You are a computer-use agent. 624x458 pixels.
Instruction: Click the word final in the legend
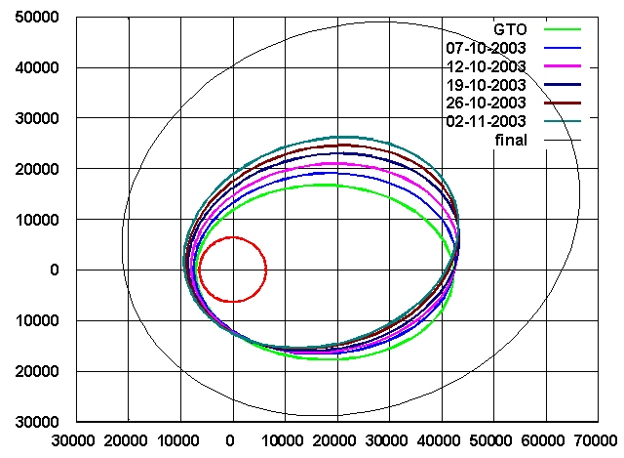(x=510, y=140)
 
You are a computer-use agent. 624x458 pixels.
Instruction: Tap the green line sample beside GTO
(x=563, y=29)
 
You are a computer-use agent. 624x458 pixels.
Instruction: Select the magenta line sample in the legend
(x=563, y=66)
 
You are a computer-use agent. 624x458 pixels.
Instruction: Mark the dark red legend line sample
(x=563, y=103)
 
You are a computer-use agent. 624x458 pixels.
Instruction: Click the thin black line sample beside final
(x=563, y=140)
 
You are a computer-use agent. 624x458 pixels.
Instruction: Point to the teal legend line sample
(x=563, y=121)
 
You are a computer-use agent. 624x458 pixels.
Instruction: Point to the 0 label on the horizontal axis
(x=231, y=439)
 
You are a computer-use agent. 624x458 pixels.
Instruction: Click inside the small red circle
(x=233, y=270)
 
